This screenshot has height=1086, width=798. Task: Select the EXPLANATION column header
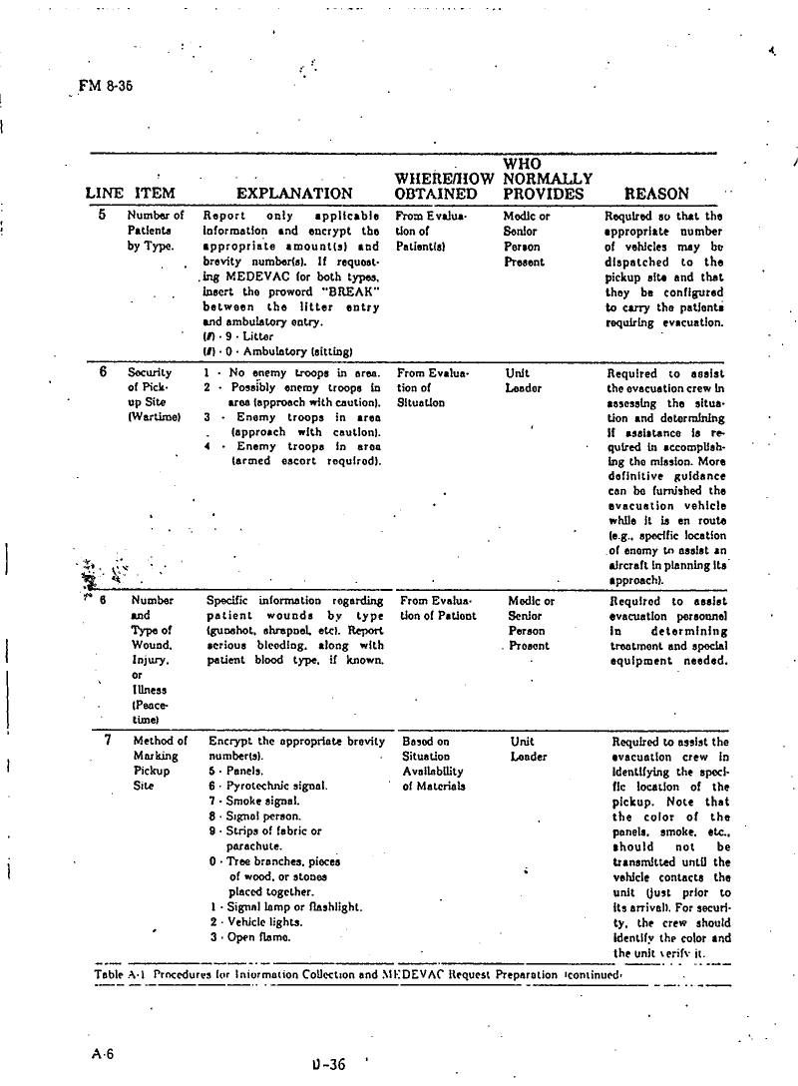point(294,194)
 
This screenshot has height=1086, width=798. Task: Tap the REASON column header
point(655,194)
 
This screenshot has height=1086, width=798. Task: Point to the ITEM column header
point(155,194)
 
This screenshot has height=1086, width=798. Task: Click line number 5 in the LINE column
point(103,215)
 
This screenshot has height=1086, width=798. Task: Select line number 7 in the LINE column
point(107,741)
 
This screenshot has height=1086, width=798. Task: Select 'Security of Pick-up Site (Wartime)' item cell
point(151,395)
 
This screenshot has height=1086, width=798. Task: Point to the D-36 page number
point(328,1064)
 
